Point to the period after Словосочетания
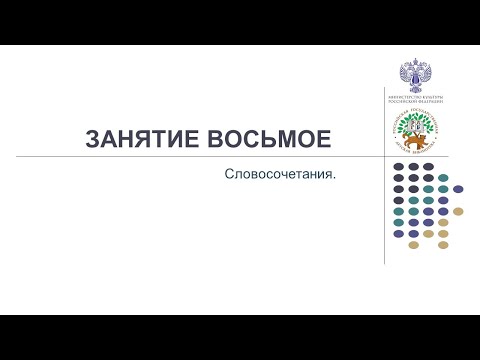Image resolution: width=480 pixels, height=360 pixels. pyautogui.click(x=333, y=176)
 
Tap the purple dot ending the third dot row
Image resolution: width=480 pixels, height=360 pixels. pyautogui.click(x=458, y=188)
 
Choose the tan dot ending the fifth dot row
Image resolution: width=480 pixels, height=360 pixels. pyautogui.click(x=458, y=211)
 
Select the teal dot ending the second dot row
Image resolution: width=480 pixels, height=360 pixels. pyautogui.click(x=443, y=177)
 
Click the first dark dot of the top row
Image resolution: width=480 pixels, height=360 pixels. pyautogui.click(x=398, y=166)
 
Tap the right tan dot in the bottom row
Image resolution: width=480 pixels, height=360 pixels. pyautogui.click(x=443, y=244)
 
